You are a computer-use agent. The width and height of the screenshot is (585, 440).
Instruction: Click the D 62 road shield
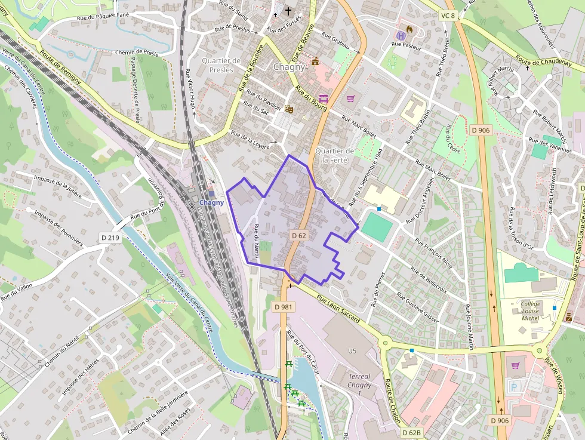(x=299, y=236)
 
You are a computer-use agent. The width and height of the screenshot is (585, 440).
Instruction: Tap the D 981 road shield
(x=284, y=306)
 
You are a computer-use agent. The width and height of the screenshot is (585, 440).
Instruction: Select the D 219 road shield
(x=110, y=238)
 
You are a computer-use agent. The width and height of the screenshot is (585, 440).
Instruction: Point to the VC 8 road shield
(x=447, y=16)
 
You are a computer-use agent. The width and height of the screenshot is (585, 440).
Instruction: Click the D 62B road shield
(x=411, y=432)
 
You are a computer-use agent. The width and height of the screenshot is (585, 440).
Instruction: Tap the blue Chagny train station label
(x=212, y=202)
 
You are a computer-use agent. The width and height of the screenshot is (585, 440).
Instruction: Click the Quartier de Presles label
(x=221, y=64)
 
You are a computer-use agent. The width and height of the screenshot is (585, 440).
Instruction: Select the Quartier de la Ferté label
(x=335, y=155)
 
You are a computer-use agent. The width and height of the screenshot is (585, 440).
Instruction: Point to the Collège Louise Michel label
(x=530, y=310)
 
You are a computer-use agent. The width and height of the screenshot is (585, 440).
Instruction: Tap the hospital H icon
(x=401, y=35)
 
